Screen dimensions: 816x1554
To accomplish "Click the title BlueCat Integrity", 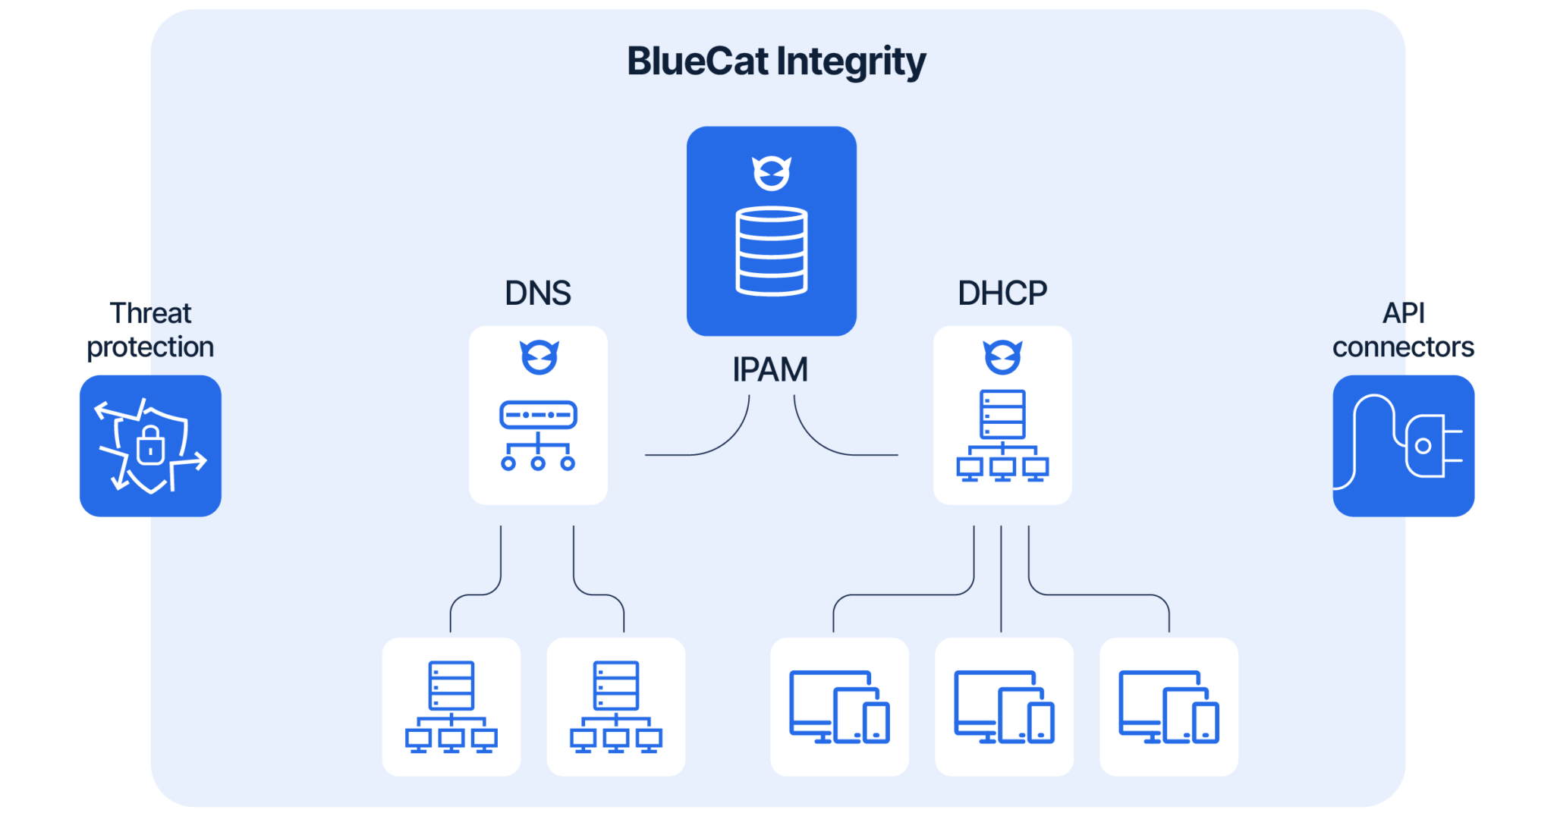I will pyautogui.click(x=775, y=61).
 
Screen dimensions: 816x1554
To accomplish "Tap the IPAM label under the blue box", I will pyautogui.click(x=770, y=370).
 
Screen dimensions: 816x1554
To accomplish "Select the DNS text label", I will pyautogui.click(x=538, y=293).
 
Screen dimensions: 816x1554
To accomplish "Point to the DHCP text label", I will pyautogui.click(x=1002, y=293).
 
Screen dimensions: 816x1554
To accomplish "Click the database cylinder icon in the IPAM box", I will pyautogui.click(x=772, y=250).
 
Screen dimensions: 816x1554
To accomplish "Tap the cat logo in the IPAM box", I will pyautogui.click(x=772, y=173).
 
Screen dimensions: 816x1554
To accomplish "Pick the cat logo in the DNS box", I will pyautogui.click(x=539, y=356).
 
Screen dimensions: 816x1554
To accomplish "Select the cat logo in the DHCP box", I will pyautogui.click(x=1002, y=356).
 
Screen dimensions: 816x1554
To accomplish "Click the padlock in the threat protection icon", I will pyautogui.click(x=150, y=447).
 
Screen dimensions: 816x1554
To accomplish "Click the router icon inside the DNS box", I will pyautogui.click(x=538, y=435).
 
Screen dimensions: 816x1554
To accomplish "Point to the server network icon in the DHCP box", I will pyautogui.click(x=1002, y=435).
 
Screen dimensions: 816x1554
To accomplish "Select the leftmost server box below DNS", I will pyautogui.click(x=451, y=707).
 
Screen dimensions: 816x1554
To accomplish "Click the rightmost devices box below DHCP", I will pyautogui.click(x=1169, y=707).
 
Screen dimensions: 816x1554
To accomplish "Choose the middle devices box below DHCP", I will pyautogui.click(x=1004, y=707).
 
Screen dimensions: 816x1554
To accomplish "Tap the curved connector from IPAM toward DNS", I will pyautogui.click(x=721, y=444).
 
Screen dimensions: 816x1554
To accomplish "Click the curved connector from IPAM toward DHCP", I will pyautogui.click(x=823, y=444).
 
